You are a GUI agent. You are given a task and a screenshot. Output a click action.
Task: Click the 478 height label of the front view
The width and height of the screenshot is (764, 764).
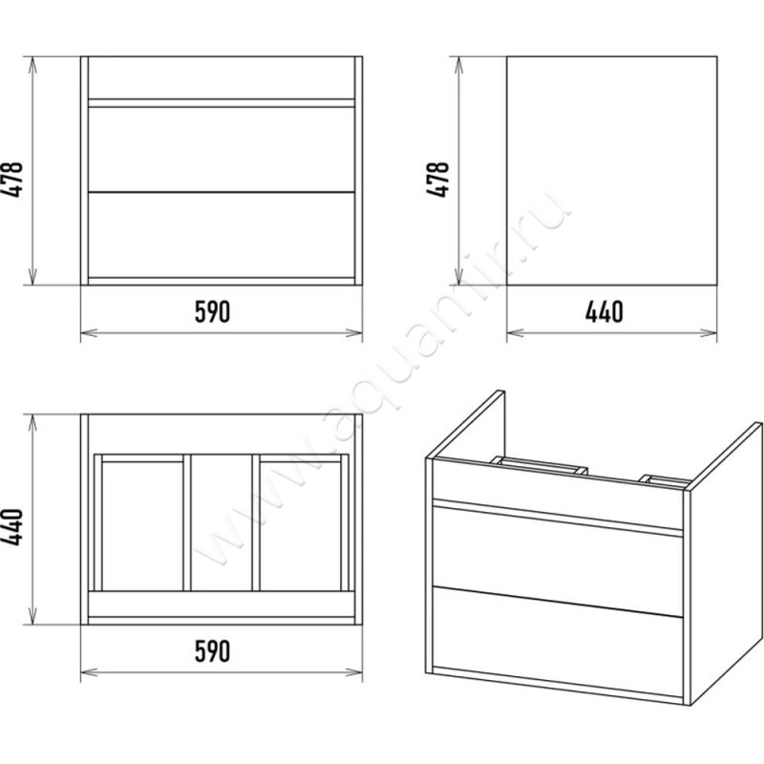[x=12, y=180]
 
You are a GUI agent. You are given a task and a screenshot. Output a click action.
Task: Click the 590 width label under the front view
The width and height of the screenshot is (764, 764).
[x=212, y=312]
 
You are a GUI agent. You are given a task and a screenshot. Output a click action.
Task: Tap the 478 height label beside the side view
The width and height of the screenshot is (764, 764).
[x=438, y=180]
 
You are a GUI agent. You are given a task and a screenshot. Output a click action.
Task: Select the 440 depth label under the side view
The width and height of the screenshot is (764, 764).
[x=604, y=312]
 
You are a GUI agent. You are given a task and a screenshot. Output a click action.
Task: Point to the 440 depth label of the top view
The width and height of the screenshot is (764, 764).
[x=12, y=527]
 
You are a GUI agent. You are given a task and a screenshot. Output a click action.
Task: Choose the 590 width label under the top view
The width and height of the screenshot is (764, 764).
[x=212, y=651]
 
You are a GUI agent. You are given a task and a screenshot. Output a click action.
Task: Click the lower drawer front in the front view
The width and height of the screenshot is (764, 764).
[x=222, y=235]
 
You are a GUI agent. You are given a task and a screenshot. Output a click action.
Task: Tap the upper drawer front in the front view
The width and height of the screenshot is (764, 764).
[x=222, y=150]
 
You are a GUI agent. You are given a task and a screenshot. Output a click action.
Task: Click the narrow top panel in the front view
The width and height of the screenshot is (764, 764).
[x=222, y=78]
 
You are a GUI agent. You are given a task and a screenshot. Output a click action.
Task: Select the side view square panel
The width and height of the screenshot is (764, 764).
[x=611, y=171]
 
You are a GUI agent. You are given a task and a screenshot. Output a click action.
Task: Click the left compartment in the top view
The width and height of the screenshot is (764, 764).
[x=142, y=526]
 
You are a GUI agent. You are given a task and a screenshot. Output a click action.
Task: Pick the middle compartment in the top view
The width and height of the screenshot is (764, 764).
[x=222, y=522]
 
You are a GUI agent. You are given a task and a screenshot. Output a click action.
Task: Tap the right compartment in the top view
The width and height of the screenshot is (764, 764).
[x=300, y=526]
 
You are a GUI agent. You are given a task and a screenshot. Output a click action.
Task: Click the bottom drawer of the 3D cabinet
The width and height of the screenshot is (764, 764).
[x=558, y=642]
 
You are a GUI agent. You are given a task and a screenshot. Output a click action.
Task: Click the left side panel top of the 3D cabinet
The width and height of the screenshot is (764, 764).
[x=465, y=425]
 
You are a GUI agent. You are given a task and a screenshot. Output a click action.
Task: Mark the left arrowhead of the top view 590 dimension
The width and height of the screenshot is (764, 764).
[x=89, y=672]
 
